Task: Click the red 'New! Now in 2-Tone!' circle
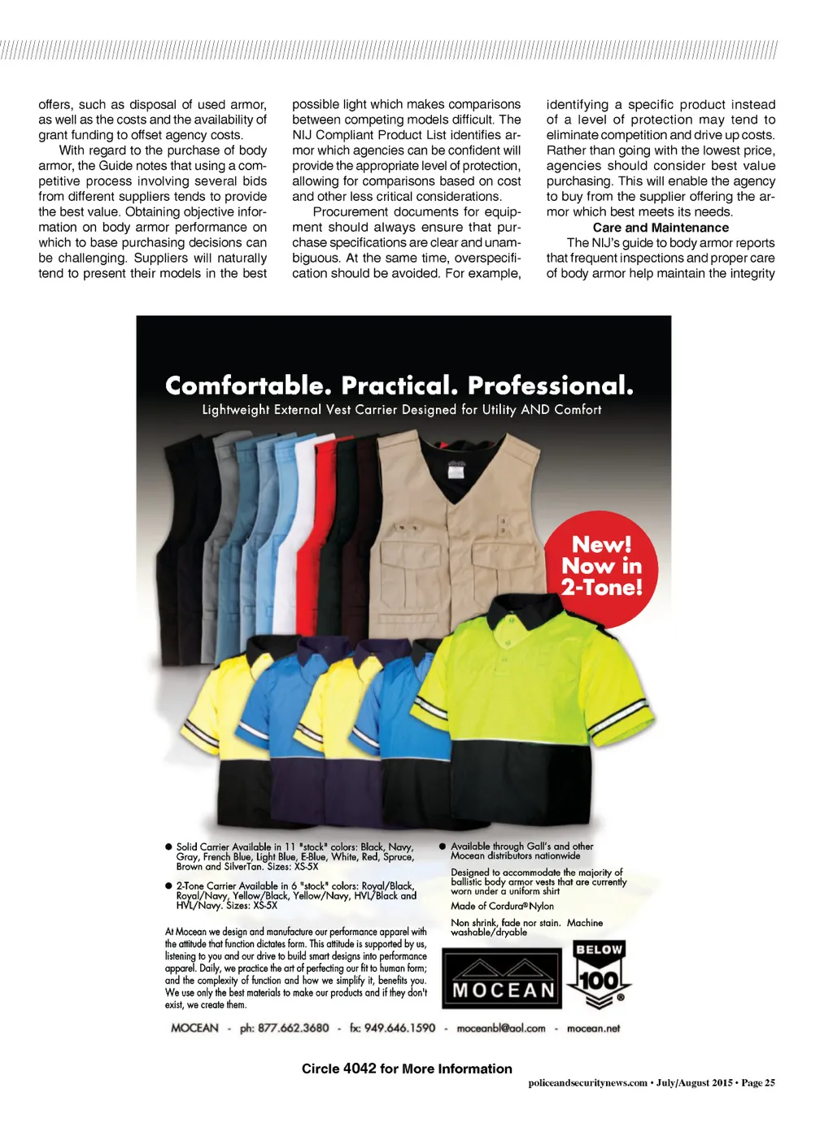point(600,568)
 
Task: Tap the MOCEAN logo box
point(502,978)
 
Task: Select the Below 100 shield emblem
point(599,976)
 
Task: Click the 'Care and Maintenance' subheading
point(661,228)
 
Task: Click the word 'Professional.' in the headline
point(551,385)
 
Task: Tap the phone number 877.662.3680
point(293,1029)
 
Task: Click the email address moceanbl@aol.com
point(501,1029)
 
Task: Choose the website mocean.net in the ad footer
point(593,1029)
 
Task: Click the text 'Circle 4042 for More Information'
point(407,1068)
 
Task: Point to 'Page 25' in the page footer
point(758,1083)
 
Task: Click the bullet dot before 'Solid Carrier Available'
point(169,847)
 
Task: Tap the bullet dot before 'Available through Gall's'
point(443,846)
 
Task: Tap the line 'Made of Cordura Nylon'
point(502,906)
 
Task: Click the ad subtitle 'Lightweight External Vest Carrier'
point(402,410)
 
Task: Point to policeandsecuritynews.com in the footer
point(587,1083)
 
